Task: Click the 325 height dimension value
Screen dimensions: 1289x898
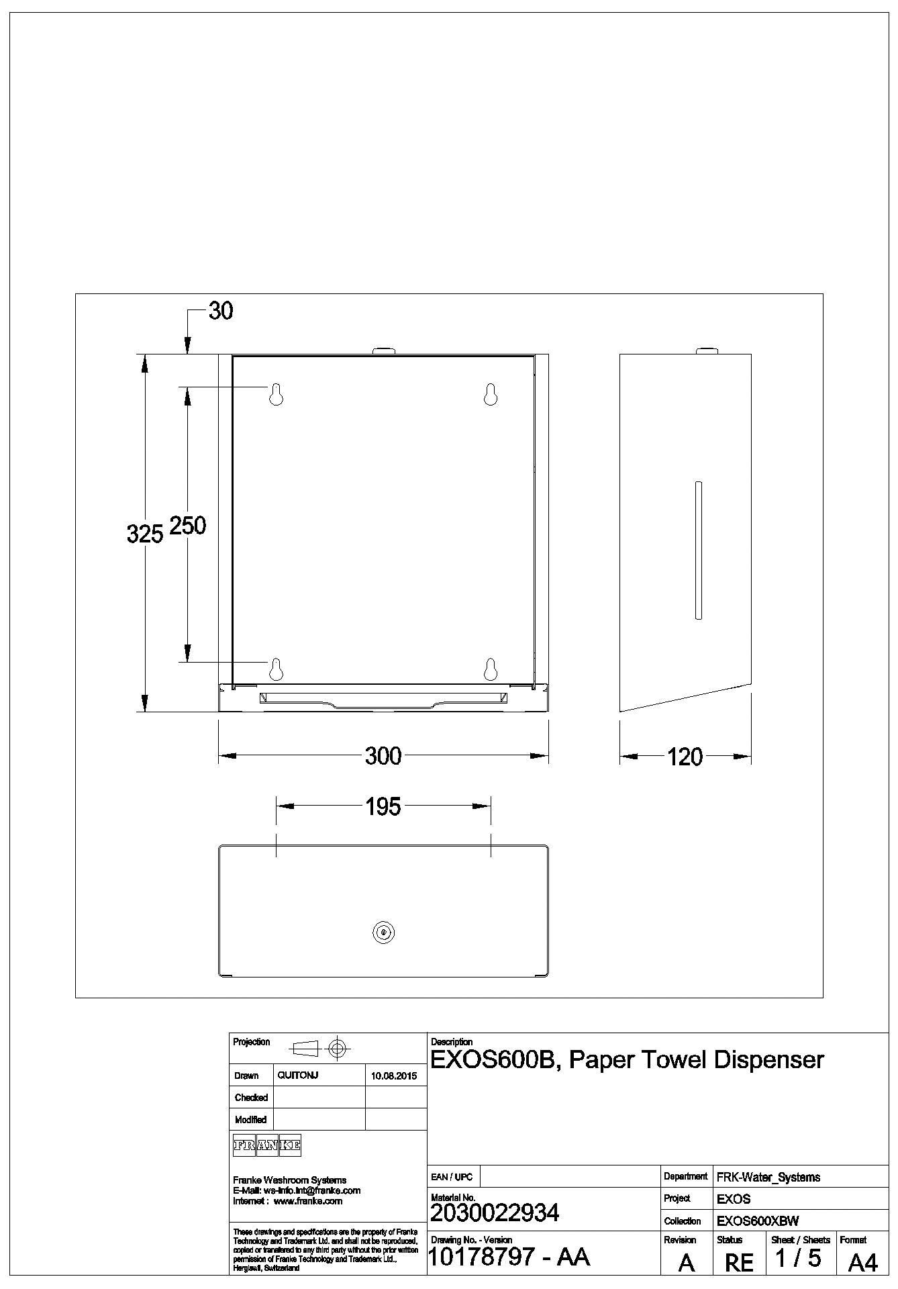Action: pyautogui.click(x=144, y=534)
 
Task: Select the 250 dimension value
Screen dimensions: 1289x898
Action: pyautogui.click(x=187, y=525)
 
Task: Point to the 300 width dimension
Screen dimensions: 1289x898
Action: pyautogui.click(x=383, y=756)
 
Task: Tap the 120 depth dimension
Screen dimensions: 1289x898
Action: pyautogui.click(x=685, y=757)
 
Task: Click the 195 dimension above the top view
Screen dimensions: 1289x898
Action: pyautogui.click(x=383, y=806)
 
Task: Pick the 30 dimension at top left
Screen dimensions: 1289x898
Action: pyautogui.click(x=221, y=311)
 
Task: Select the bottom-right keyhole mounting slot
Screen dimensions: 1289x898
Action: pyautogui.click(x=491, y=669)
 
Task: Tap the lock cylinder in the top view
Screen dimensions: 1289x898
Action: pyautogui.click(x=383, y=932)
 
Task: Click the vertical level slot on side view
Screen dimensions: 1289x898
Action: pyautogui.click(x=699, y=550)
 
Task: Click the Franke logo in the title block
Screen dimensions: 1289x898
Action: pyautogui.click(x=266, y=1146)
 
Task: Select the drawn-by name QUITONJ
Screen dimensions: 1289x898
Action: pyautogui.click(x=297, y=1076)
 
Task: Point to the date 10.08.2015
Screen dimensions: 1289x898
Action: pyautogui.click(x=394, y=1076)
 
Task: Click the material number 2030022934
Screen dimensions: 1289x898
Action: pyautogui.click(x=495, y=1212)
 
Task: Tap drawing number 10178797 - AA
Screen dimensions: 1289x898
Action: pyautogui.click(x=509, y=1256)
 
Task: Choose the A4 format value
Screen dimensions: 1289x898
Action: pyautogui.click(x=862, y=1263)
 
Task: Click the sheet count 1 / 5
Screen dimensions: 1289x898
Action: pyautogui.click(x=799, y=1258)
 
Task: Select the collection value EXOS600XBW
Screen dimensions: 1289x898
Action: pyautogui.click(x=758, y=1221)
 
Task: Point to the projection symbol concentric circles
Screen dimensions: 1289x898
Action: pyautogui.click(x=338, y=1047)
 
